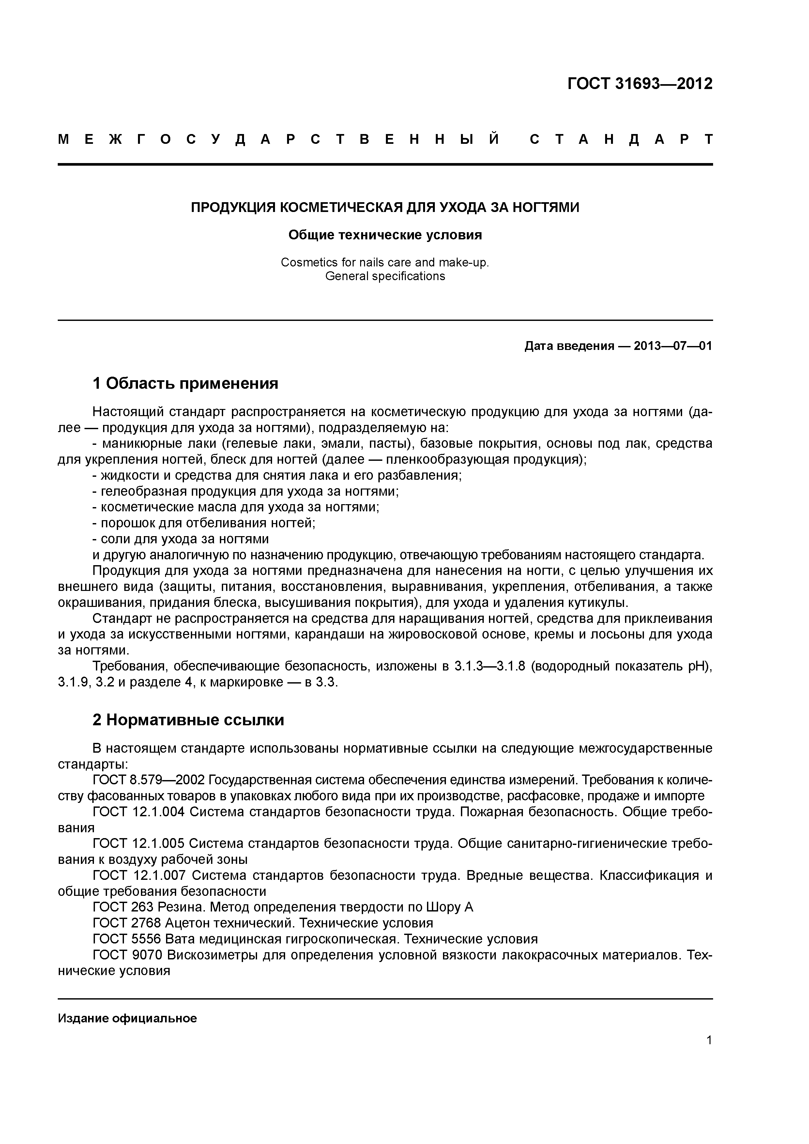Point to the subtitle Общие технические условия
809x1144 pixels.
click(385, 235)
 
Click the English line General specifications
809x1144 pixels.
click(385, 276)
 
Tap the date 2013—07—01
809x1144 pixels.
click(672, 346)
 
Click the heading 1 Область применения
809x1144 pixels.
click(185, 383)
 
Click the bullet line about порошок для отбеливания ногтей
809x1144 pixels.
click(204, 523)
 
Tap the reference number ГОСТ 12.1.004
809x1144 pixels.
click(139, 812)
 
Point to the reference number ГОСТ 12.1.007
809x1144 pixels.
click(139, 875)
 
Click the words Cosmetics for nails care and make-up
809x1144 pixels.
click(385, 262)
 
